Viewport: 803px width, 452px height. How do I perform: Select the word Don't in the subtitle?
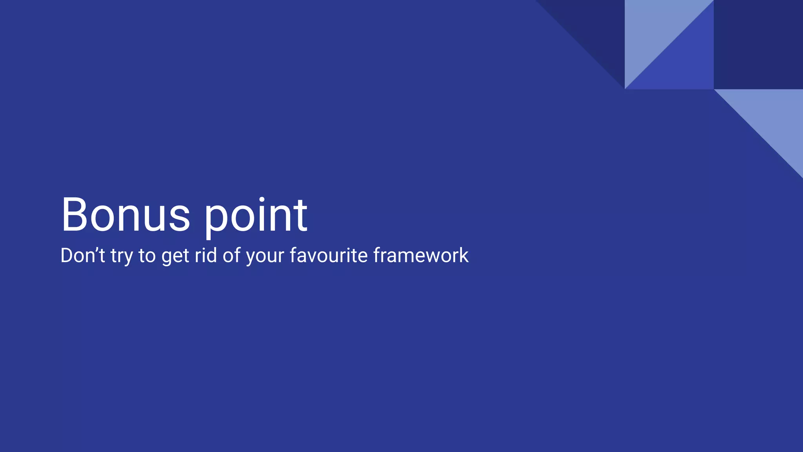point(82,255)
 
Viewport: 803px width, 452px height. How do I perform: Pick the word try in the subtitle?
point(122,257)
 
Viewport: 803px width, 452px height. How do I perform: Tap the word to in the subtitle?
point(147,256)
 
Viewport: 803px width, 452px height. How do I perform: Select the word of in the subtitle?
point(232,255)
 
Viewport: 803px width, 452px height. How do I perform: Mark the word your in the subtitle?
point(265,257)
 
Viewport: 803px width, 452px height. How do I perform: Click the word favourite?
point(329,255)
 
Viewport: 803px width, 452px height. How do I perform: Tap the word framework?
point(421,255)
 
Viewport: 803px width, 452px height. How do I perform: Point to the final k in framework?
point(464,255)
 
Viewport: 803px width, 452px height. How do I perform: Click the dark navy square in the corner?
point(758,44)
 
